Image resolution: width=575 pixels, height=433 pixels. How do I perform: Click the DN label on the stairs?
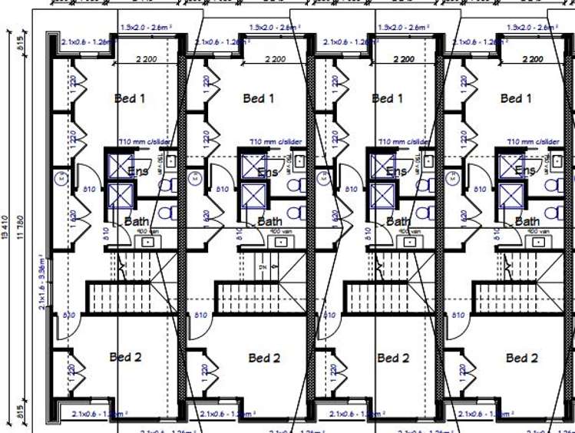263,266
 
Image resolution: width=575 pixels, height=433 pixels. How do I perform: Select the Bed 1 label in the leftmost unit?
130,98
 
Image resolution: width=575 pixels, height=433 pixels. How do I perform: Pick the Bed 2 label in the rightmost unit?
521,358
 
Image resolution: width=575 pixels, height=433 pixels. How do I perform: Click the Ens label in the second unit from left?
268,172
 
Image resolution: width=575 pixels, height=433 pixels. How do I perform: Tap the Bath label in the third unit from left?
398,221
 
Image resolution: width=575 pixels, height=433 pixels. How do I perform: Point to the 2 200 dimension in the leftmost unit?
146,58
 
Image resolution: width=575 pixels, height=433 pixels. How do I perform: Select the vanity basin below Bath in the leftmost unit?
147,242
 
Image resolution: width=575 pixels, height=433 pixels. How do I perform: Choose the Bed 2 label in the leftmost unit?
125,357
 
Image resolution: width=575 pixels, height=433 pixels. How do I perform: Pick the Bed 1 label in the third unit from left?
387,98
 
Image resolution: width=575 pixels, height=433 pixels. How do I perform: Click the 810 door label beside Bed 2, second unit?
200,316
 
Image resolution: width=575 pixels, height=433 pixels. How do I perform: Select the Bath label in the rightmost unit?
527,221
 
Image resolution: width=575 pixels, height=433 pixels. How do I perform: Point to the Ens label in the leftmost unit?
139,172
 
